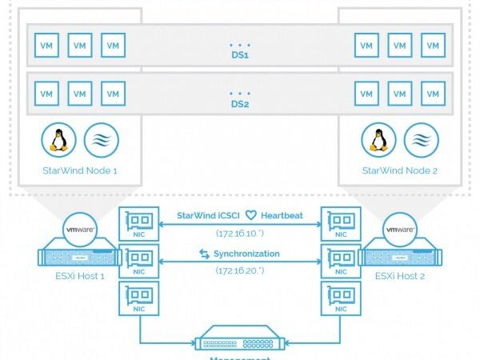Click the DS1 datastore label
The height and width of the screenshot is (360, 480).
(x=240, y=57)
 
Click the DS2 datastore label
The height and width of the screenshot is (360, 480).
(x=240, y=105)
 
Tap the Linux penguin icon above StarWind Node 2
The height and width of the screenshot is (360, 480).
(x=378, y=140)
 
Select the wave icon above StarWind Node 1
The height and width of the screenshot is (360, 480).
(x=101, y=140)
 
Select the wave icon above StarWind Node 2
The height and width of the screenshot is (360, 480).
(x=422, y=140)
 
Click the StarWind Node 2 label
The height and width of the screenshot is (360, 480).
(x=399, y=170)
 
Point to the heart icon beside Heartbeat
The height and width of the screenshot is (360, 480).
(x=250, y=215)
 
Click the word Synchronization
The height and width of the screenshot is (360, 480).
(x=246, y=254)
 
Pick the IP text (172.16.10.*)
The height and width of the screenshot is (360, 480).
(x=240, y=233)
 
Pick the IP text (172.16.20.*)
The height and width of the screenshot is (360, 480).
(x=240, y=271)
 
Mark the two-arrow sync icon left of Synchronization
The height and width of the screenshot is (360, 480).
(x=205, y=254)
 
